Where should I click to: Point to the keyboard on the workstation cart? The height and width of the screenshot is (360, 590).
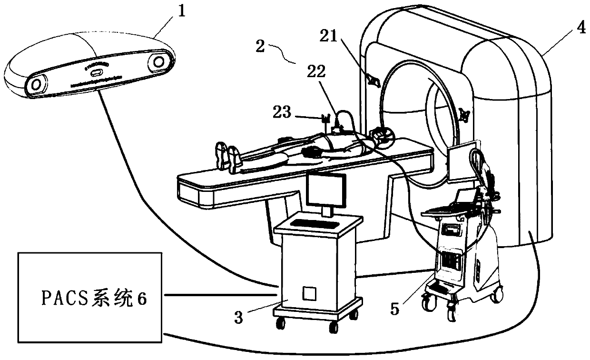pos(311,223)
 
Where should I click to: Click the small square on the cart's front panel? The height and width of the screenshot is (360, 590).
pos(309,293)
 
